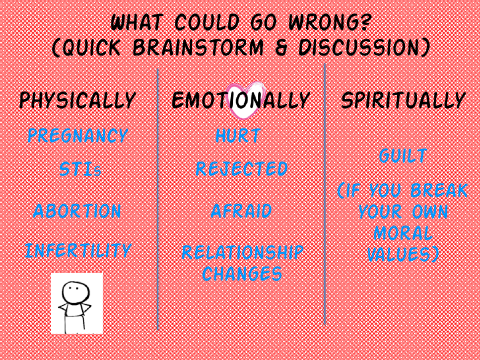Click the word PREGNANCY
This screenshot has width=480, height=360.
(78, 136)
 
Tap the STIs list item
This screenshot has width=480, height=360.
(80, 169)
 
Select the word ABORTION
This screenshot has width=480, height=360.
(77, 211)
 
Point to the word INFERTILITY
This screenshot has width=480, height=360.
(78, 250)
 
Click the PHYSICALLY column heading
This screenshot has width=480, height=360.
(77, 100)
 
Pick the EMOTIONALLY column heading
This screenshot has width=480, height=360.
(241, 100)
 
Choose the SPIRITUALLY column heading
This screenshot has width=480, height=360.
(404, 100)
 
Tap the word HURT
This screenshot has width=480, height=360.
(238, 136)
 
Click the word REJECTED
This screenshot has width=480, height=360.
(242, 169)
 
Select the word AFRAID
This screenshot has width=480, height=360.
(241, 211)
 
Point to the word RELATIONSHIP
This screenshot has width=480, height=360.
(243, 252)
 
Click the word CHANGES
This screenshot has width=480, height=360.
(242, 274)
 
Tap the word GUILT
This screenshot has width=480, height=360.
(403, 156)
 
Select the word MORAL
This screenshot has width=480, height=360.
(403, 233)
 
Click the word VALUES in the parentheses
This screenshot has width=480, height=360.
(399, 254)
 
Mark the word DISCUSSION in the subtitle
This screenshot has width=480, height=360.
(360, 48)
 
